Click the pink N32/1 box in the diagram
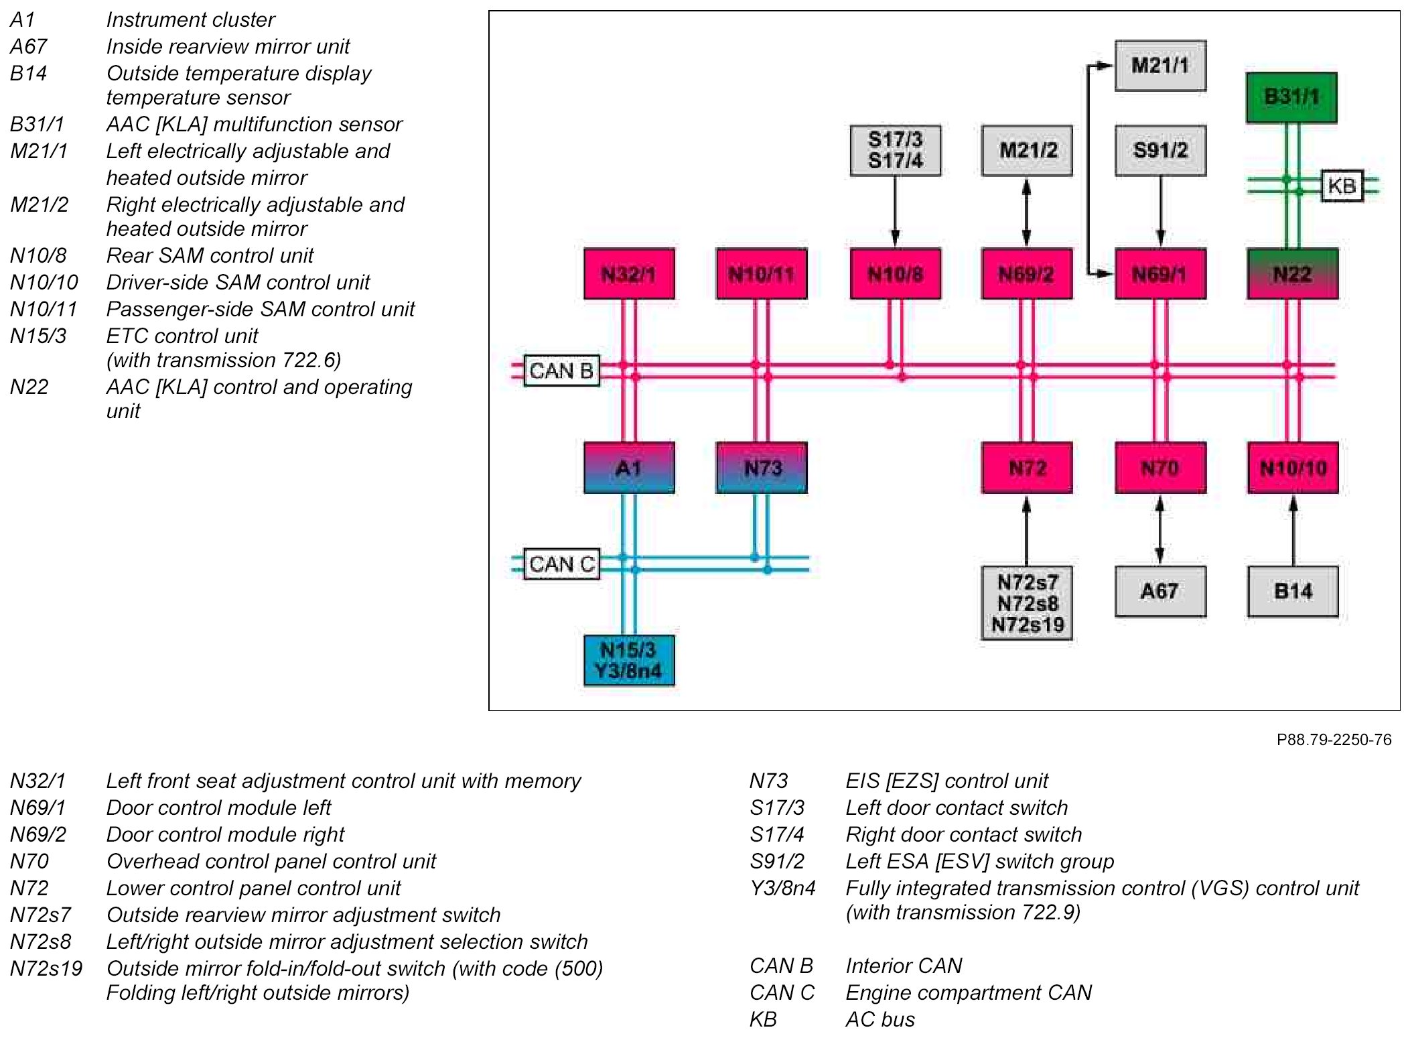point(628,273)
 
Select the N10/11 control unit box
point(761,273)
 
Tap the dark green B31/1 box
point(1291,97)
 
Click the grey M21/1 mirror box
point(1159,66)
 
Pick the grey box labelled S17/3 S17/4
point(895,150)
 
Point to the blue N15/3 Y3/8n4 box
point(628,660)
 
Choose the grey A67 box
point(1159,591)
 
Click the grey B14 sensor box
point(1292,591)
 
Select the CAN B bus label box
point(561,371)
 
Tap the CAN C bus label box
point(561,564)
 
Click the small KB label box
point(1342,186)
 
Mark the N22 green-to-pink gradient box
point(1292,273)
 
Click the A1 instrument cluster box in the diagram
point(628,468)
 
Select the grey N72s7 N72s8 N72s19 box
point(1027,603)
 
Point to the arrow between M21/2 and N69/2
point(1026,212)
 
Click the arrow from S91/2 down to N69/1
point(1160,212)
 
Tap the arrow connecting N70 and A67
point(1159,529)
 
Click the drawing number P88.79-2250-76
point(1333,740)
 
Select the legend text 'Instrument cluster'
point(190,20)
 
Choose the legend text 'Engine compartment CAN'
point(968,992)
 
